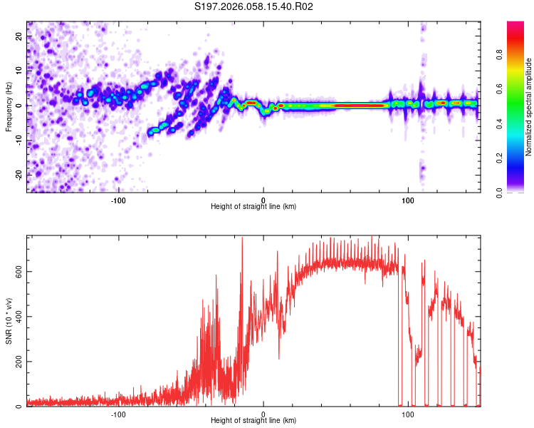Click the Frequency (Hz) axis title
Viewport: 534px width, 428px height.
click(9, 107)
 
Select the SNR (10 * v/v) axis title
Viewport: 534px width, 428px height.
click(9, 321)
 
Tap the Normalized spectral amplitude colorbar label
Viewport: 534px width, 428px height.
click(529, 107)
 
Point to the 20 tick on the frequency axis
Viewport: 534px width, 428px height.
click(19, 36)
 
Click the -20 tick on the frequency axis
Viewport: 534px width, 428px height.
click(18, 175)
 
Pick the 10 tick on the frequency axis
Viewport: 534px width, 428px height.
click(19, 71)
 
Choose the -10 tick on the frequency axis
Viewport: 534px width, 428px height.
click(18, 140)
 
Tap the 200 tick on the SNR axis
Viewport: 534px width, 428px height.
click(16, 362)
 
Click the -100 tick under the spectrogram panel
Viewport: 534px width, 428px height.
click(118, 200)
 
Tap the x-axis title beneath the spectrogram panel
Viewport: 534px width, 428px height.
click(253, 207)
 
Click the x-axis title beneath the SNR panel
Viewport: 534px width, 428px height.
click(253, 421)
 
